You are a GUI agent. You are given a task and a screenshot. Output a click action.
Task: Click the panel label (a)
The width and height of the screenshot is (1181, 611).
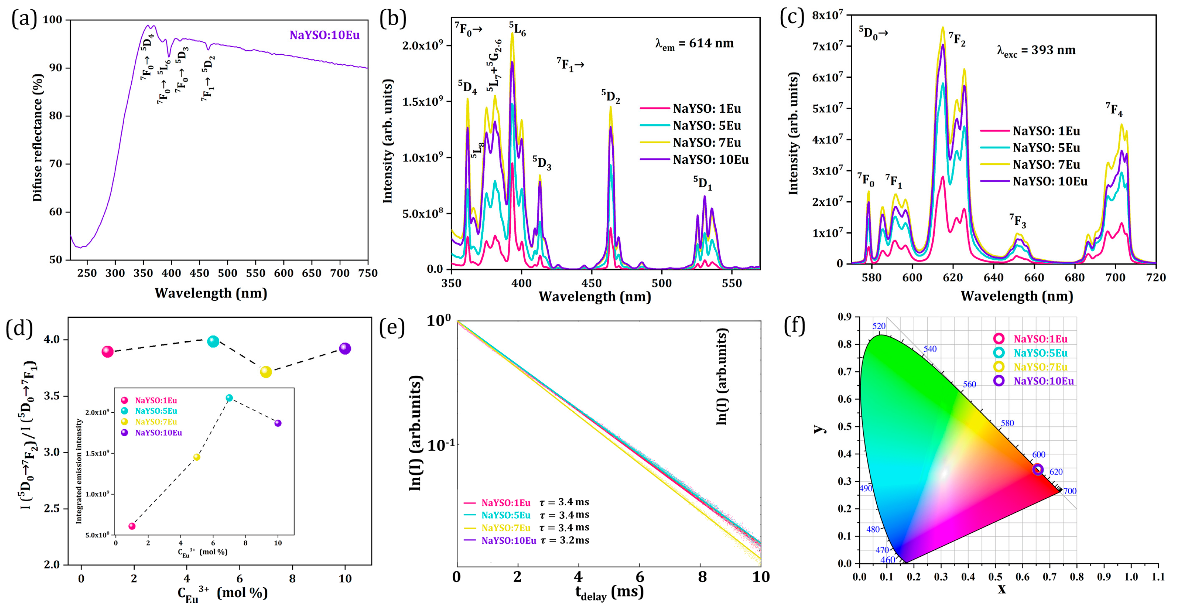pyautogui.click(x=24, y=19)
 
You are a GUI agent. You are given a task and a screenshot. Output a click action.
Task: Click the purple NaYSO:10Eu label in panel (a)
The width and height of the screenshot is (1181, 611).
pyautogui.click(x=324, y=35)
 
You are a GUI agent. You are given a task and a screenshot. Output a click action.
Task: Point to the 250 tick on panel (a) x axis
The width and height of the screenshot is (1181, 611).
pyautogui.click(x=87, y=273)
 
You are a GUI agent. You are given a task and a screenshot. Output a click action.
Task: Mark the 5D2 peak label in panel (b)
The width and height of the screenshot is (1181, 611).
pyautogui.click(x=611, y=96)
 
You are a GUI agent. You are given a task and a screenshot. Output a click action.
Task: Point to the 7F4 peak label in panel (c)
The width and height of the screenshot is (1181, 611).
pyautogui.click(x=1114, y=110)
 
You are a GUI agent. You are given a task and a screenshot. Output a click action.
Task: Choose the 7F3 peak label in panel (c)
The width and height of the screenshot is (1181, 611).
pyautogui.click(x=1017, y=221)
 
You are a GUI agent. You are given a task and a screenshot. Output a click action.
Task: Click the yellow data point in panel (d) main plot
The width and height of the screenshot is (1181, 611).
pyautogui.click(x=266, y=372)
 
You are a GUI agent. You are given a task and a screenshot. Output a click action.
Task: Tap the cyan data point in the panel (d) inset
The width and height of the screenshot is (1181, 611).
pyautogui.click(x=229, y=398)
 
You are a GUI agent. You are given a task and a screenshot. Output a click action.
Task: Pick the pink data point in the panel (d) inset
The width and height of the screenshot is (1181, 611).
pyautogui.click(x=132, y=526)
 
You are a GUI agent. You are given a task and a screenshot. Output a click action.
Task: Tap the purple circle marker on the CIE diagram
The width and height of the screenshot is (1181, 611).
pyautogui.click(x=1037, y=469)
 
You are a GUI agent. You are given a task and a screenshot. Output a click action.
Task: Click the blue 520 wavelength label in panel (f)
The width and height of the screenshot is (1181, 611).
pyautogui.click(x=879, y=326)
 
